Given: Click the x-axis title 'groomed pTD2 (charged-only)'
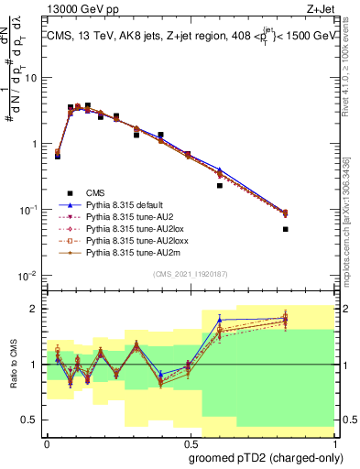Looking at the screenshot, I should click(265, 458).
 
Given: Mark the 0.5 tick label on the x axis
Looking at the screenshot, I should click(189, 442).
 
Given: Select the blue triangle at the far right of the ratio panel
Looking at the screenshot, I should click(286, 318).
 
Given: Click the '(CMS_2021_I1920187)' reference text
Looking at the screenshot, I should click(190, 274).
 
